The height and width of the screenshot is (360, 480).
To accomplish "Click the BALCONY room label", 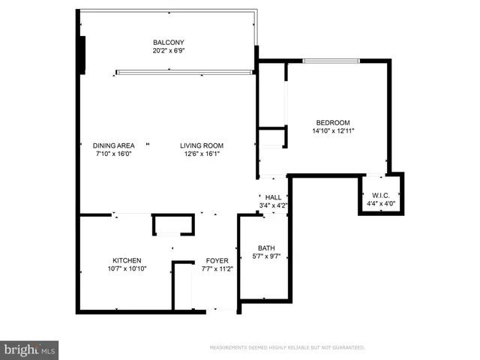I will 169,43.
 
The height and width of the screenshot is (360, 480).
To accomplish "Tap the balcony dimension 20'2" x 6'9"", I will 169,52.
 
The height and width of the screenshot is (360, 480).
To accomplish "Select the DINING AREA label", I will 113,145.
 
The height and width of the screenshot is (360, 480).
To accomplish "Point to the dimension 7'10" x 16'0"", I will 113,154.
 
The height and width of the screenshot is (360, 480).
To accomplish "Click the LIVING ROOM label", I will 202,145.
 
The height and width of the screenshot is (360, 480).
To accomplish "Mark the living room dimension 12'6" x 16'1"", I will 202,154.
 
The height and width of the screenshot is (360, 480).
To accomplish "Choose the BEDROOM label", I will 333,123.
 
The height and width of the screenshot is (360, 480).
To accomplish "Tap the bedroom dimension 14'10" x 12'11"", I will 333,131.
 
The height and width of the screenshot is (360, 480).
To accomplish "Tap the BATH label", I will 266,248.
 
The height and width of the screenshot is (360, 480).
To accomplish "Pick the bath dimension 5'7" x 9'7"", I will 266,257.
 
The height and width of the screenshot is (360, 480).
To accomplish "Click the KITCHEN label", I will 127,260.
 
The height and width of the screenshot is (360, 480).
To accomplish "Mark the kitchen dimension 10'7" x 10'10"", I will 127,269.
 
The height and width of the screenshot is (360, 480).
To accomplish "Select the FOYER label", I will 217,260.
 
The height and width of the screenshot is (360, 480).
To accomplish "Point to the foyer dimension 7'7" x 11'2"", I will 217,269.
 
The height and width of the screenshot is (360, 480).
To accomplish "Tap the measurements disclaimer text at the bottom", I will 287,348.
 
